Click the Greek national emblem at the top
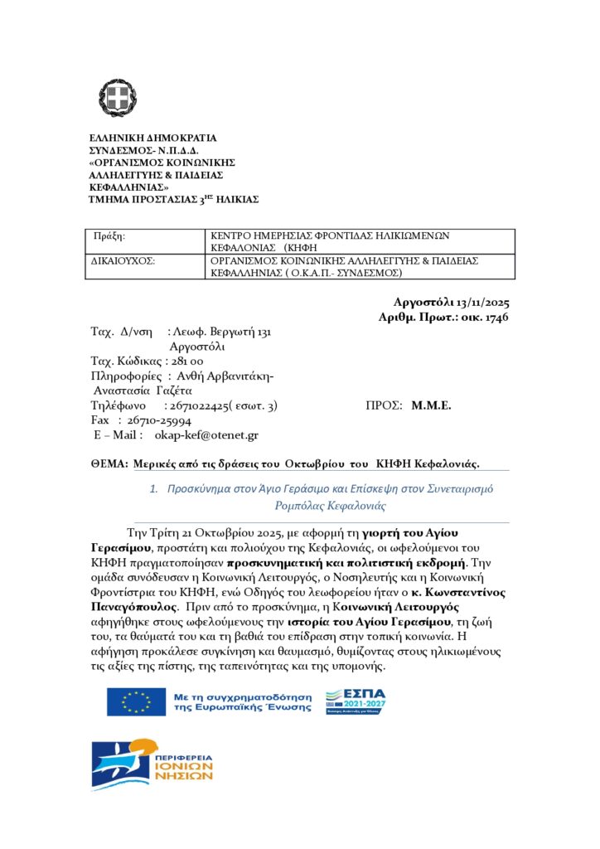[118, 97]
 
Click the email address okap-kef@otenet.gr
[206, 434]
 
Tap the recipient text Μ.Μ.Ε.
[431, 405]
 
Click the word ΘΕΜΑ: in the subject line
[109, 463]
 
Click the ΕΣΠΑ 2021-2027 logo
[356, 701]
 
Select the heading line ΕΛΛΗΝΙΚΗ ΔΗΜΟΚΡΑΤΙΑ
[152, 138]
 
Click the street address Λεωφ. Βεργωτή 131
[219, 332]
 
